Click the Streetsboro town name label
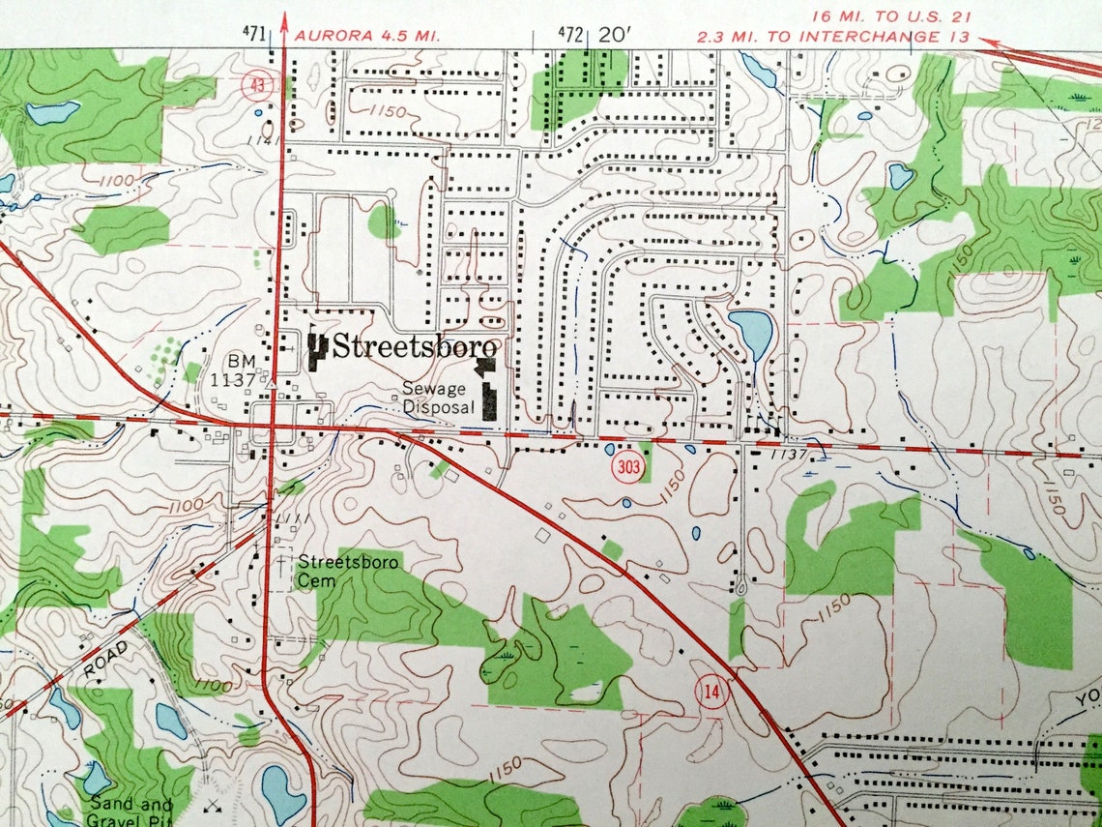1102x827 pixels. tap(416, 347)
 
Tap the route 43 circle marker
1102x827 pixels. tap(254, 85)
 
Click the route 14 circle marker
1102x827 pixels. tap(711, 692)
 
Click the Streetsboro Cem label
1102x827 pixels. tap(335, 570)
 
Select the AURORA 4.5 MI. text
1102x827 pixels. tap(367, 35)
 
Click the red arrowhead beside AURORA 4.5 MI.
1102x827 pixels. tap(283, 19)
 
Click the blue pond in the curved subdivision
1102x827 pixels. tap(751, 332)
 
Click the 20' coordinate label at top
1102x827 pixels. tap(615, 35)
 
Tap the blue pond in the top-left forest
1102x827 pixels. tap(53, 112)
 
